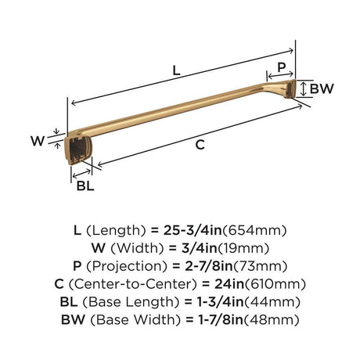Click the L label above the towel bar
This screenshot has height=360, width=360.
click(177, 70)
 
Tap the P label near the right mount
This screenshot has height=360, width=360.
click(282, 67)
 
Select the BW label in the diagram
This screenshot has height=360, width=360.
click(322, 88)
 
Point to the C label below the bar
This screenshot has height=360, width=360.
click(200, 145)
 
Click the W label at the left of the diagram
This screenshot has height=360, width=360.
click(38, 141)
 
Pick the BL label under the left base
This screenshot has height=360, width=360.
click(85, 185)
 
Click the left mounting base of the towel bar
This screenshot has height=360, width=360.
click(77, 151)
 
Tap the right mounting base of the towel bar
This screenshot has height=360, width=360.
click(290, 88)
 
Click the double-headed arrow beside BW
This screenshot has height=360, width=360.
click(303, 88)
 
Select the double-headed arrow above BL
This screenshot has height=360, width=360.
click(81, 174)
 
